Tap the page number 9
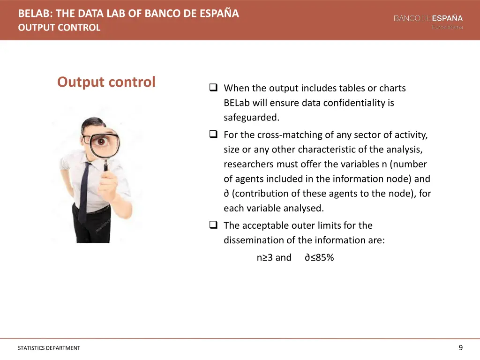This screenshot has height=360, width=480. pyautogui.click(x=460, y=347)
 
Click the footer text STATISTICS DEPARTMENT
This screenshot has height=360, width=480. pyautogui.click(x=49, y=348)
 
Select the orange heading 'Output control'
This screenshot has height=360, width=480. pyautogui.click(x=106, y=82)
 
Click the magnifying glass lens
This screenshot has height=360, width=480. pyautogui.click(x=102, y=140)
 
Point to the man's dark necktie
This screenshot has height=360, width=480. pyautogui.click(x=84, y=192)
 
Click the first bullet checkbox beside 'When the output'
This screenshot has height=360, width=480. pyautogui.click(x=213, y=88)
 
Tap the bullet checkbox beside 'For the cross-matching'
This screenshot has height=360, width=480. pyautogui.click(x=213, y=135)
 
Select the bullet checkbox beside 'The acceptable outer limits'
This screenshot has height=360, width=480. pyautogui.click(x=213, y=225)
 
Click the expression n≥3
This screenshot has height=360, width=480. pyautogui.click(x=264, y=257)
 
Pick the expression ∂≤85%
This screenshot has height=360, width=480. pyautogui.click(x=319, y=257)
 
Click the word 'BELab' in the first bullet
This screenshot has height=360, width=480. pyautogui.click(x=237, y=103)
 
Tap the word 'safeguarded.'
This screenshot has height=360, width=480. pyautogui.click(x=251, y=117)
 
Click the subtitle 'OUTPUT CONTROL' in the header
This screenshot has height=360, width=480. pyautogui.click(x=59, y=28)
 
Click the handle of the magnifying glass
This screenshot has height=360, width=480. pyautogui.click(x=106, y=165)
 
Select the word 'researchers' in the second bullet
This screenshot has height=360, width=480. pyautogui.click(x=248, y=164)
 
